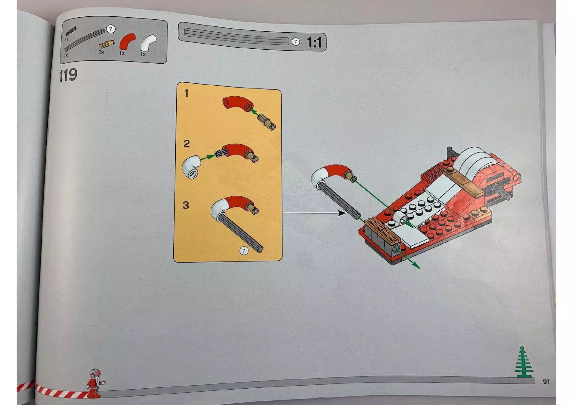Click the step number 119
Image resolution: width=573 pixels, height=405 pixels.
click(x=68, y=75)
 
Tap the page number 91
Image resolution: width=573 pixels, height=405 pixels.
click(x=546, y=381)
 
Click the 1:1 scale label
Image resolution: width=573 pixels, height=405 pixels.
click(x=314, y=42)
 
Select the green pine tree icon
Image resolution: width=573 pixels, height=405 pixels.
click(x=523, y=363)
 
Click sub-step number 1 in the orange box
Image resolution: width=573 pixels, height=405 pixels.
click(x=186, y=93)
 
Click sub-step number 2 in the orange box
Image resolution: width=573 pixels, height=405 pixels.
click(x=186, y=144)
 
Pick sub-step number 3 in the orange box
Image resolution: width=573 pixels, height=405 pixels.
click(x=186, y=205)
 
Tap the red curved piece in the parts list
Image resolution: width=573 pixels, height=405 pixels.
click(x=127, y=42)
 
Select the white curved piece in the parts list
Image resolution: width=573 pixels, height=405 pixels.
click(x=148, y=42)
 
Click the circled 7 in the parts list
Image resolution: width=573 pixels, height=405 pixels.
click(x=111, y=29)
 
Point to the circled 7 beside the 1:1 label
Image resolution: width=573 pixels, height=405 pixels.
click(x=295, y=42)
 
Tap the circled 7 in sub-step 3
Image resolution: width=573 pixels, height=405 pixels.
click(x=244, y=251)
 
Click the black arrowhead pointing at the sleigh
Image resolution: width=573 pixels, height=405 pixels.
click(x=342, y=213)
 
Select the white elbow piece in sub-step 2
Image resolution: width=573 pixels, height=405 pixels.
click(x=192, y=167)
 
